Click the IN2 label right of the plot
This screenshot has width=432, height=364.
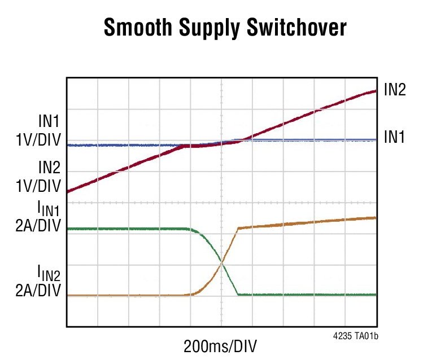(395, 89)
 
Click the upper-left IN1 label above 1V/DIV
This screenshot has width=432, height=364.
(49, 122)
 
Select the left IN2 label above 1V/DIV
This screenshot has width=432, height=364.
(49, 167)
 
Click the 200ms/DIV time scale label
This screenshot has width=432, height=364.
(223, 346)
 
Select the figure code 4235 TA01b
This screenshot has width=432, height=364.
(355, 335)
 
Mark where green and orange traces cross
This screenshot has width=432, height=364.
(221, 263)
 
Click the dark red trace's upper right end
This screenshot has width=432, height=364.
(376, 90)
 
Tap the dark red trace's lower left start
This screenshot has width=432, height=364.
(68, 192)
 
